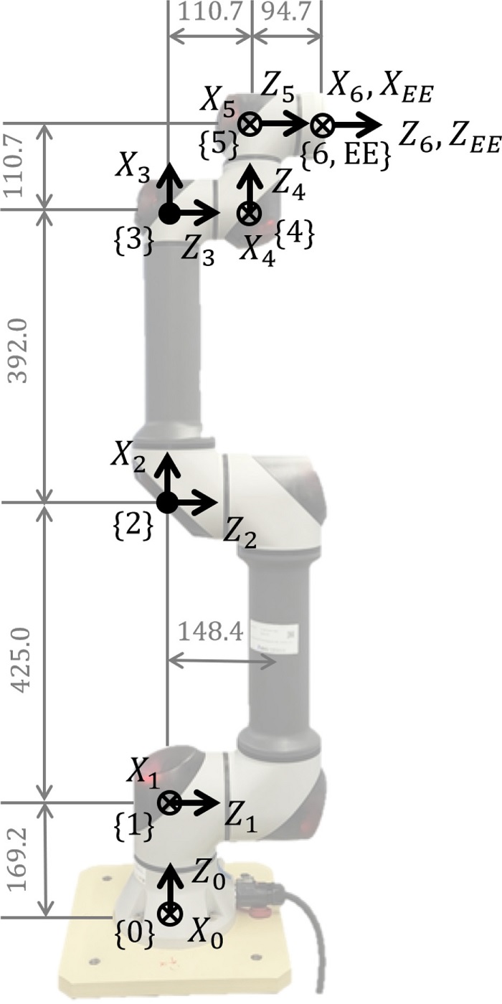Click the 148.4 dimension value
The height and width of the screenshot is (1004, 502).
click(211, 633)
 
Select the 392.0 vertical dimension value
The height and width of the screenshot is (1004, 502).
click(19, 351)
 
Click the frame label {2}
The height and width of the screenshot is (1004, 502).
click(133, 526)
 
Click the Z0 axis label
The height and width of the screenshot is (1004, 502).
click(207, 876)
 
